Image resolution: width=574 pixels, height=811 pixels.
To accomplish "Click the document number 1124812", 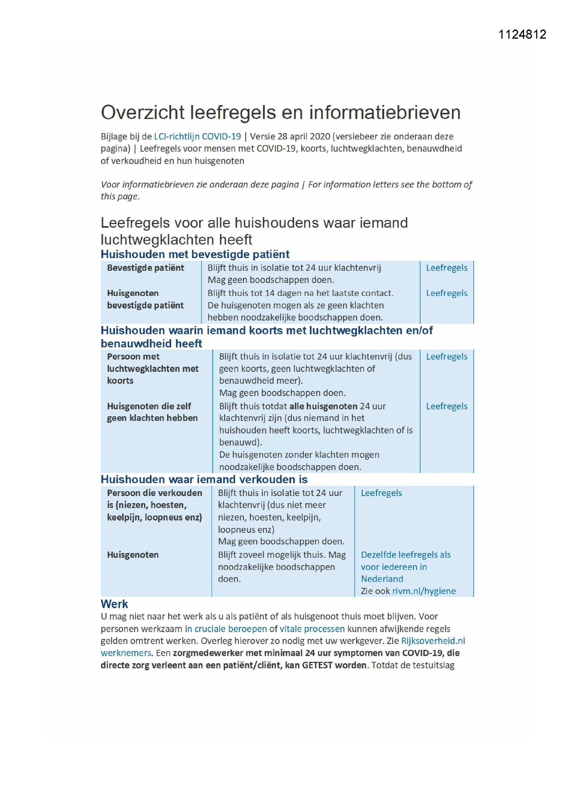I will point(522,34).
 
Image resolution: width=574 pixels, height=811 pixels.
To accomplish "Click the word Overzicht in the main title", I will point(142,113).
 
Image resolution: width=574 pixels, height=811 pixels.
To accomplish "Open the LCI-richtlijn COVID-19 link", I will point(197,136).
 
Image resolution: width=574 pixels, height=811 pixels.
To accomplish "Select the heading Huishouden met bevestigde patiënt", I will point(195,254).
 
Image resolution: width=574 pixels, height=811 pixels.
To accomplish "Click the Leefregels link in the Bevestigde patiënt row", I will point(446,268).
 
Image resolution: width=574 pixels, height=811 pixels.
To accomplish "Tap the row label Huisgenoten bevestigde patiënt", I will point(145,299).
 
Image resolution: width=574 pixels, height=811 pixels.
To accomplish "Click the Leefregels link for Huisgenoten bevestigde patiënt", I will point(446,293).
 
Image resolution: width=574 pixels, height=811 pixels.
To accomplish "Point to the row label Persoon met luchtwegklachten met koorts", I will point(152,368).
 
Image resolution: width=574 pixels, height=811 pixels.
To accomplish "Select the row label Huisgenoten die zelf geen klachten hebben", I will point(152,412).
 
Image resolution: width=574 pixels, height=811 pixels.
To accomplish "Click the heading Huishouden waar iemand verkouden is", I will point(204,479).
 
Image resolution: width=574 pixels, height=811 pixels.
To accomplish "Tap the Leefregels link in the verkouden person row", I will point(381,493).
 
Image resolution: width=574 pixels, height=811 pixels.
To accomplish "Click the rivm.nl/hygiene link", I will point(424,591).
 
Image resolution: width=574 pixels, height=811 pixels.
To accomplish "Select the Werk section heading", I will point(114,604).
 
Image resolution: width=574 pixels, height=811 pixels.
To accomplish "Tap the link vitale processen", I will point(312,629).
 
